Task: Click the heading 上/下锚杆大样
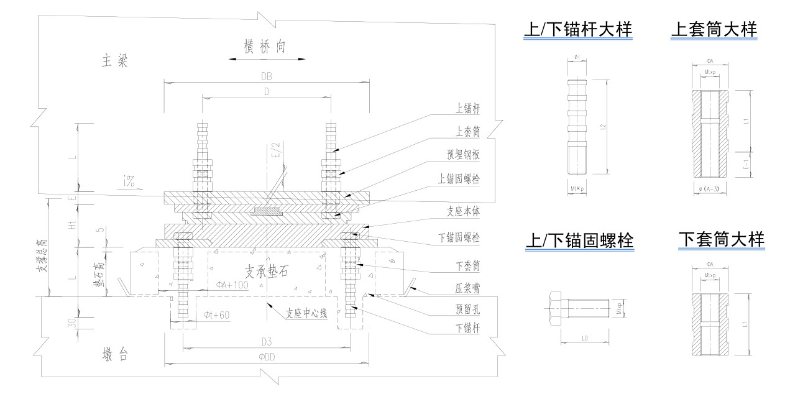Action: (x=577, y=29)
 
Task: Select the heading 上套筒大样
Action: (x=714, y=29)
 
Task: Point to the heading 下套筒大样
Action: (x=721, y=239)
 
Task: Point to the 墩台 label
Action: (x=115, y=355)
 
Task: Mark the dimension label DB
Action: (x=266, y=76)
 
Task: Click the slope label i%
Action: (x=129, y=182)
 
